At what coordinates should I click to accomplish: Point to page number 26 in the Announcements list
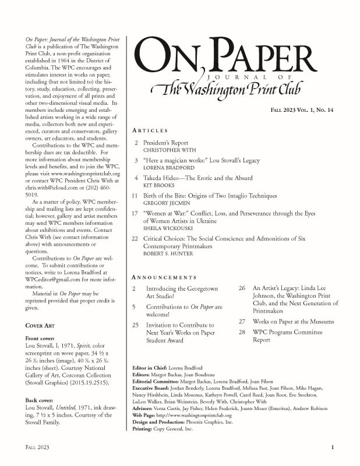(242, 288)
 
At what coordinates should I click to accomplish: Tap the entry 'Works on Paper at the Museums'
(293, 322)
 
